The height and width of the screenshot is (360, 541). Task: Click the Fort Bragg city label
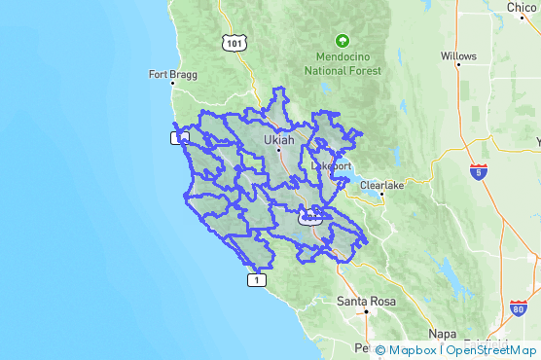166,73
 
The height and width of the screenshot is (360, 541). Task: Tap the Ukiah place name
278,140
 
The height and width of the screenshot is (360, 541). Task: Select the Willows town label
458,55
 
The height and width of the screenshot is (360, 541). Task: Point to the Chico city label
522,8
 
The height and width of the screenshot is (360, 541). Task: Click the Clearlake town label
380,184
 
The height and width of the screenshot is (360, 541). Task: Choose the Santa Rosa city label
367,302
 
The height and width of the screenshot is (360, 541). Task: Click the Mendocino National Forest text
342,63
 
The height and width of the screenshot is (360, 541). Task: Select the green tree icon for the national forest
342,41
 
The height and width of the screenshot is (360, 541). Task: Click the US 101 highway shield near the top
234,43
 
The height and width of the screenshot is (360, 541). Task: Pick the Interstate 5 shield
478,172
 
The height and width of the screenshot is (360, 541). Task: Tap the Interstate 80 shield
518,308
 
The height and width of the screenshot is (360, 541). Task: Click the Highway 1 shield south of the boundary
255,280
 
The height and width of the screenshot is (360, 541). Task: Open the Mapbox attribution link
407,350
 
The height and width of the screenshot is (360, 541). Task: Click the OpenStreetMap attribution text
491,350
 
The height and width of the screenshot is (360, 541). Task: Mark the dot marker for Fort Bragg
171,84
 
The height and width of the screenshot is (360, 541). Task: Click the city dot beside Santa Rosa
366,312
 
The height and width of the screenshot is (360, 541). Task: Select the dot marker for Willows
458,65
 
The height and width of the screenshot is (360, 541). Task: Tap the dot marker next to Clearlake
382,194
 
